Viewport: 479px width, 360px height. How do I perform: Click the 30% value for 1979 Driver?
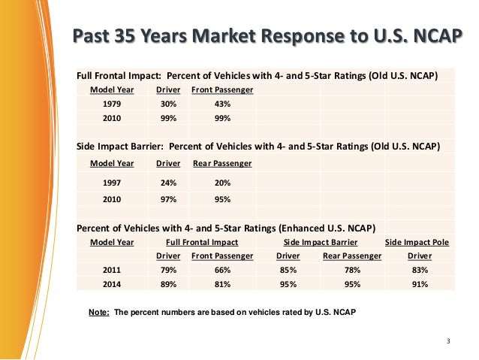click(168, 104)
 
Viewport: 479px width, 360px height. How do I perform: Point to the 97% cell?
click(168, 199)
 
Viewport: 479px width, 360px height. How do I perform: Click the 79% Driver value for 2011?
click(168, 270)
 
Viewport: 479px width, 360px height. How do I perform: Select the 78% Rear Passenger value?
click(351, 270)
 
